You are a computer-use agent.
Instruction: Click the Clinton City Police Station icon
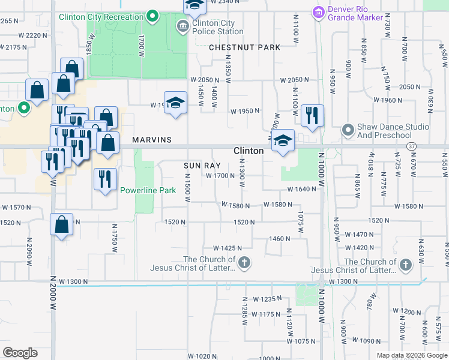(x=182, y=26)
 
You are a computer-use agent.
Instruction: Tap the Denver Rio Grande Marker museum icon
(x=318, y=11)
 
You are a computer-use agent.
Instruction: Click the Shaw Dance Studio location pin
(x=348, y=130)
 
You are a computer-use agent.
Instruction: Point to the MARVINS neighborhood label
(x=152, y=140)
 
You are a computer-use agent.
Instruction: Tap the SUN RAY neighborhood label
(x=202, y=165)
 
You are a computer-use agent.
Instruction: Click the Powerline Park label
(x=148, y=190)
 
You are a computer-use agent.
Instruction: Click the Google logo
(x=20, y=353)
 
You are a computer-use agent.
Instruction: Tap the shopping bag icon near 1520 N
(x=61, y=224)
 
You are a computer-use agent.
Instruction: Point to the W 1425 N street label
(x=228, y=248)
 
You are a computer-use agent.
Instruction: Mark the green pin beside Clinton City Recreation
(x=152, y=16)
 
